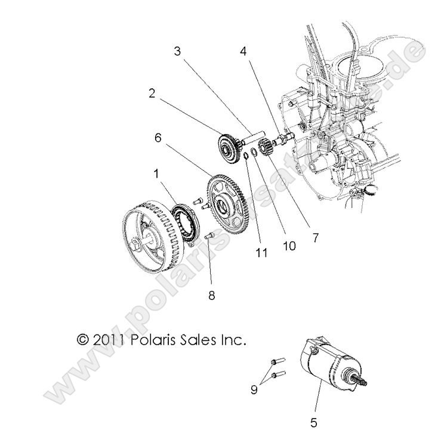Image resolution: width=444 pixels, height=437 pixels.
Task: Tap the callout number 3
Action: coord(177,51)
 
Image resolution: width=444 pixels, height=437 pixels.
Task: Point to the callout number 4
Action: coord(243,51)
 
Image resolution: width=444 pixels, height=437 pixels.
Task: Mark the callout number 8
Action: coord(211,295)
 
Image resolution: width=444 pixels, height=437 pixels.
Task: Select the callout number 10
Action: coord(288,245)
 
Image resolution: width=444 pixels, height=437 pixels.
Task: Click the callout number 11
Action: coord(260,253)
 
